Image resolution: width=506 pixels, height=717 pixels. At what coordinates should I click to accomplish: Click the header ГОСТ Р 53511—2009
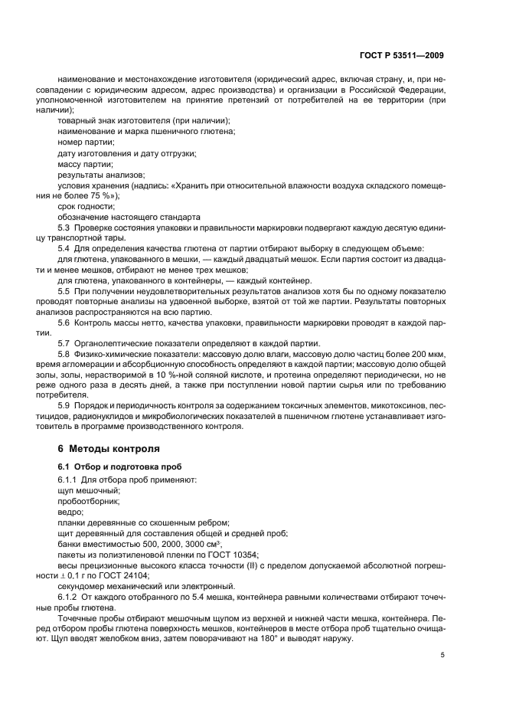tap(401, 56)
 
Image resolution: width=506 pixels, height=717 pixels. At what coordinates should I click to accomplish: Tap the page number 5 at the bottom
tap(442, 655)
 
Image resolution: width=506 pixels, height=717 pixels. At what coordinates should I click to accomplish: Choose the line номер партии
tap(86, 142)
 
